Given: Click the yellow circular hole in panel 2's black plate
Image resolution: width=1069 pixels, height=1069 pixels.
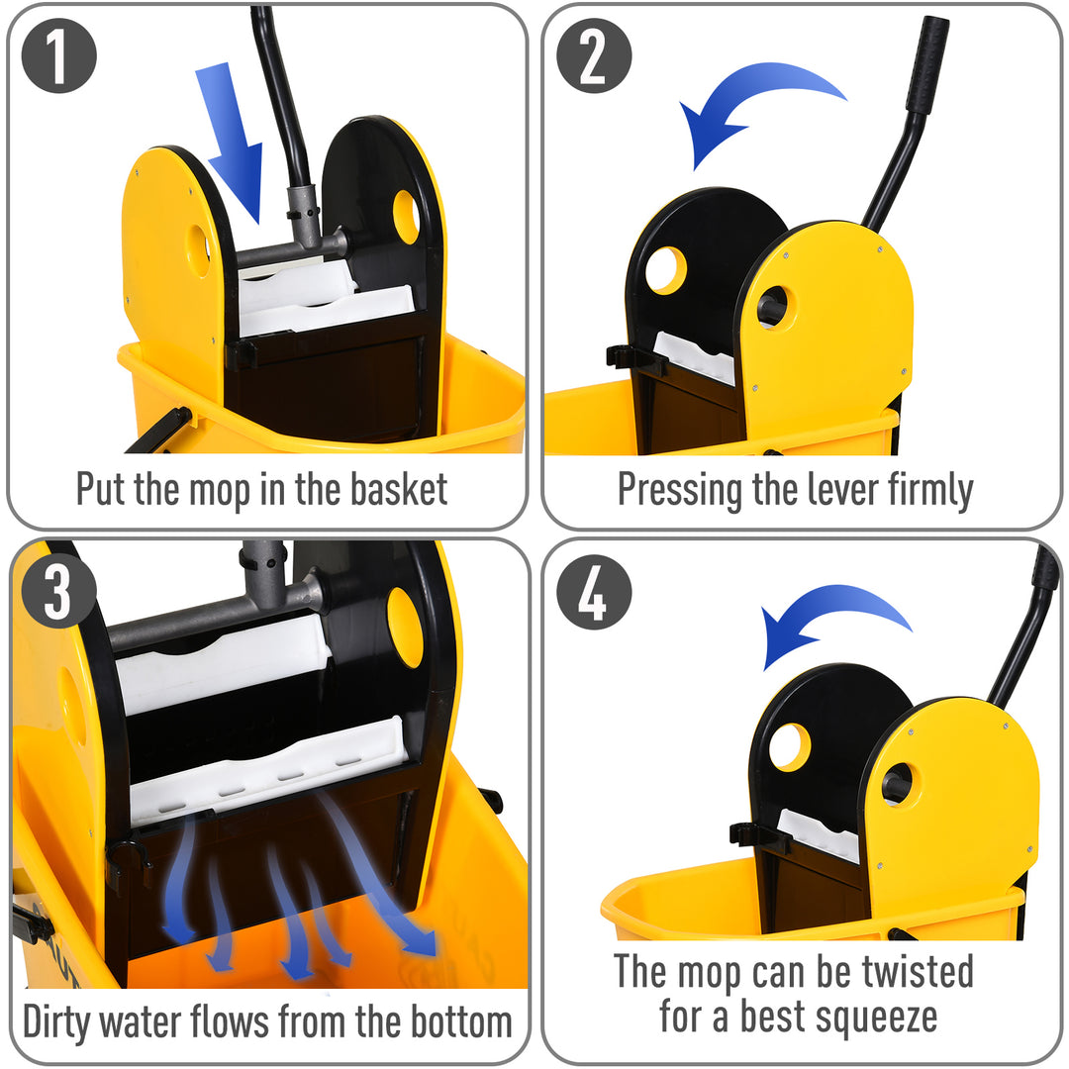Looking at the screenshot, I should pos(665,270).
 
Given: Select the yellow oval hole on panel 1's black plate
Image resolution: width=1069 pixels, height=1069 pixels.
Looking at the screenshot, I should pos(406,217).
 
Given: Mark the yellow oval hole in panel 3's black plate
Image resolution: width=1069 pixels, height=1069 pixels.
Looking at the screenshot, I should pos(405,628).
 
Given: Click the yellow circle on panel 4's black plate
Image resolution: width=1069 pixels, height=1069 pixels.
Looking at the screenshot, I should pos(789,746).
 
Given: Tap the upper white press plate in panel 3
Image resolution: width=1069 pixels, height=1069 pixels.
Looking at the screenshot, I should pos(223,663).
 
